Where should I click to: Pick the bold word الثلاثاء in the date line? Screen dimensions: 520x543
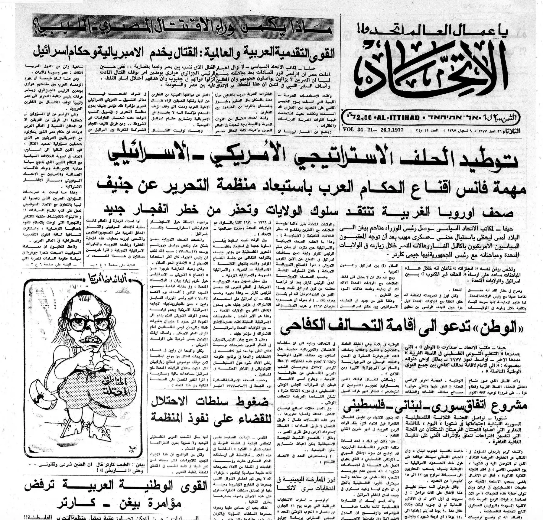click(x=512, y=131)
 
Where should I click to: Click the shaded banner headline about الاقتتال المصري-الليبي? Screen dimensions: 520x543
click(x=184, y=29)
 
